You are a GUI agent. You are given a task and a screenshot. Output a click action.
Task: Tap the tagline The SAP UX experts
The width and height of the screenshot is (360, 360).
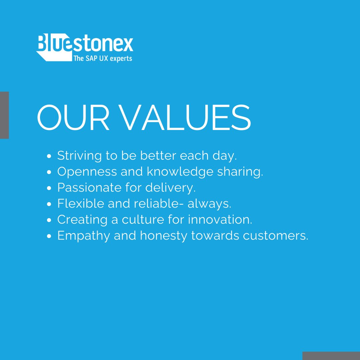point(102,58)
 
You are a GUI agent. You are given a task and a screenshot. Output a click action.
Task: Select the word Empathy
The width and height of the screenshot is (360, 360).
point(83,236)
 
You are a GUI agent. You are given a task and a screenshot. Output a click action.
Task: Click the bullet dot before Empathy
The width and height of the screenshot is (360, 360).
point(49,236)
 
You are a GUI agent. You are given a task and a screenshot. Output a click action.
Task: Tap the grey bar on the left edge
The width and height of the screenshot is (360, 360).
point(4,115)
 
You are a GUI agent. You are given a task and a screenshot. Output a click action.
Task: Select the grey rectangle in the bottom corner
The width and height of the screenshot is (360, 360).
point(331,356)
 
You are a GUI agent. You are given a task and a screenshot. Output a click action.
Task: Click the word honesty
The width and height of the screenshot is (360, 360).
point(164,236)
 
